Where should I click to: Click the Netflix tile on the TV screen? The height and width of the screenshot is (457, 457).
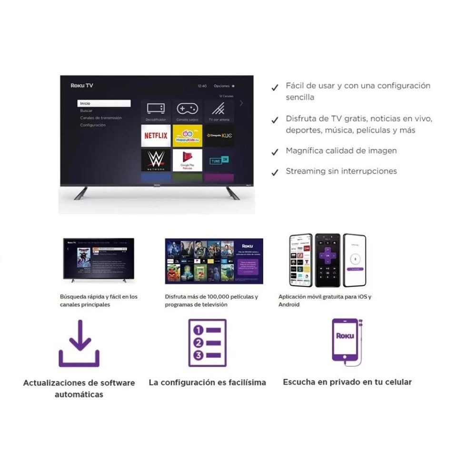(156, 136)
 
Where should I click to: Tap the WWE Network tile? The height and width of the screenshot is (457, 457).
(156, 160)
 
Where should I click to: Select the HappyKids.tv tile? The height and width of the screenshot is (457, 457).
(187, 136)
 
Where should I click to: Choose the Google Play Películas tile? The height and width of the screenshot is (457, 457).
(187, 160)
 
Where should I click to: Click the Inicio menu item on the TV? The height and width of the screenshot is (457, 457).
(104, 103)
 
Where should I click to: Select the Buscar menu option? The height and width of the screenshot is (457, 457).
(86, 110)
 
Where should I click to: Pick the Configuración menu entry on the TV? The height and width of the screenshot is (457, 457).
(93, 125)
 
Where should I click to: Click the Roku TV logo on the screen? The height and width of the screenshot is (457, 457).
(82, 86)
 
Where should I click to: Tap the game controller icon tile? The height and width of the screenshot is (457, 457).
(187, 111)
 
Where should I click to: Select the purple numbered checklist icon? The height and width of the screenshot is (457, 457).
(207, 343)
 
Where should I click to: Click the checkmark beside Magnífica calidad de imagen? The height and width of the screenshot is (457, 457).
(275, 152)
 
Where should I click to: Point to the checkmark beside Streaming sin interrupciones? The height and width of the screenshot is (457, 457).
(275, 173)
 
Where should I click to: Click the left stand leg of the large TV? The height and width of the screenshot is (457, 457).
(81, 193)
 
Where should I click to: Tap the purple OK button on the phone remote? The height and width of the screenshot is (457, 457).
(328, 256)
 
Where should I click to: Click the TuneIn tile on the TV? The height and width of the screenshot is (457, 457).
(219, 160)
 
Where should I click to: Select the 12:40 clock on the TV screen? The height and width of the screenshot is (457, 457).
(202, 86)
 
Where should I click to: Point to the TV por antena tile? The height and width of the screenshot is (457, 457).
(219, 111)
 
